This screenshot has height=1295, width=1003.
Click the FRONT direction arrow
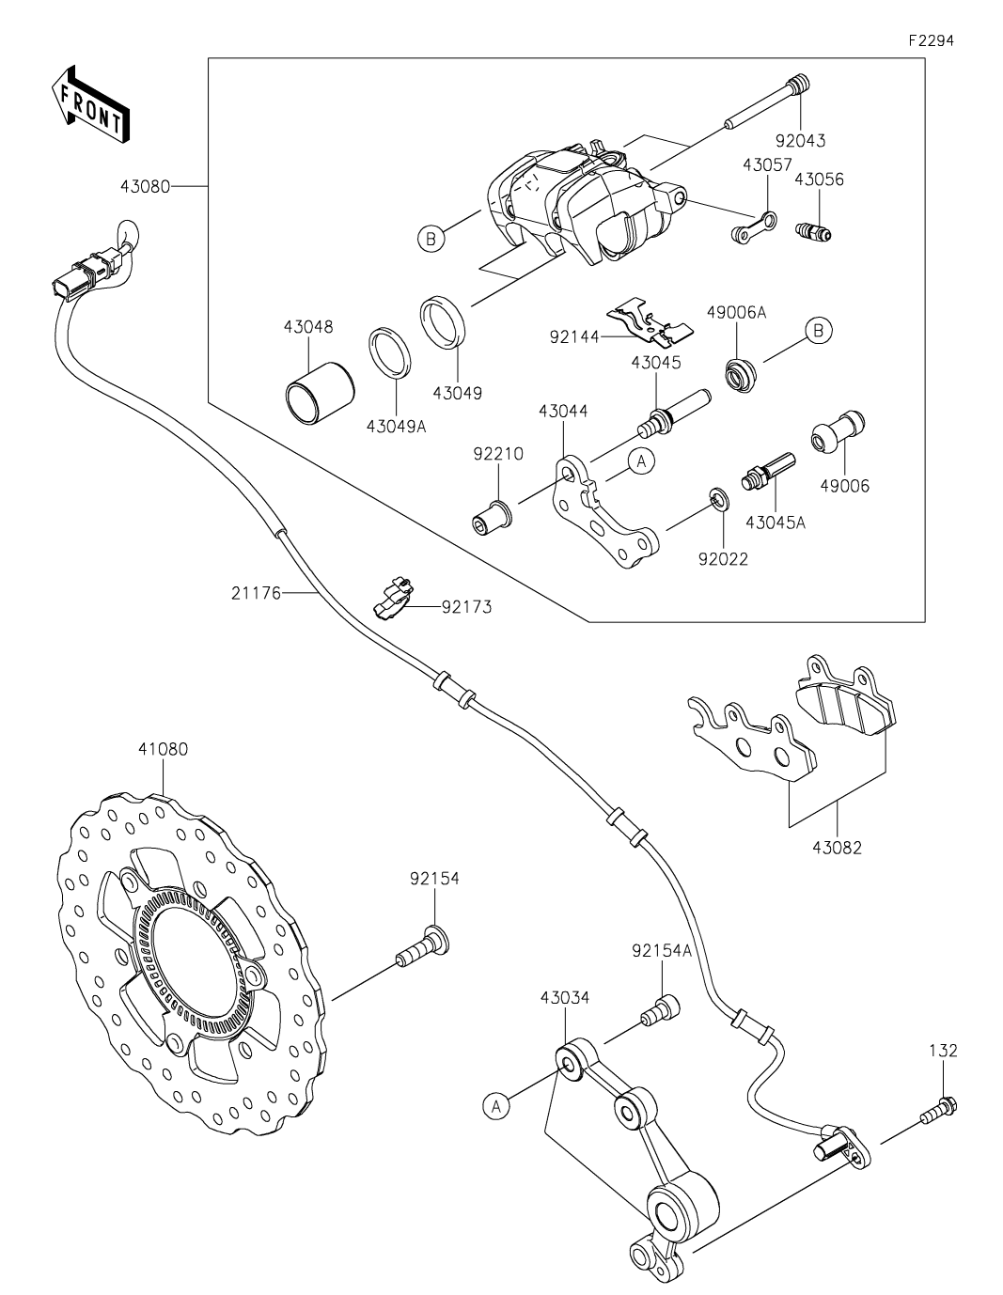[x=90, y=103]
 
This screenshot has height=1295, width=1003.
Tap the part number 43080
[x=145, y=186]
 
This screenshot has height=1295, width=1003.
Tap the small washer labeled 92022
[x=718, y=497]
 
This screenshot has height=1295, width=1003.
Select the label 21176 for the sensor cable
[x=255, y=593]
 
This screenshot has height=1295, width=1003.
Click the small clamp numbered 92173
[x=393, y=599]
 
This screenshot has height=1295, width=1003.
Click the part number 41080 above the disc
[x=163, y=749]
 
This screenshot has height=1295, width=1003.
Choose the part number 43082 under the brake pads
[x=837, y=847]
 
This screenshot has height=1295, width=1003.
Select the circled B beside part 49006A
[x=819, y=331]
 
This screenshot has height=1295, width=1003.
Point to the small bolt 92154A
[x=660, y=1011]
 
